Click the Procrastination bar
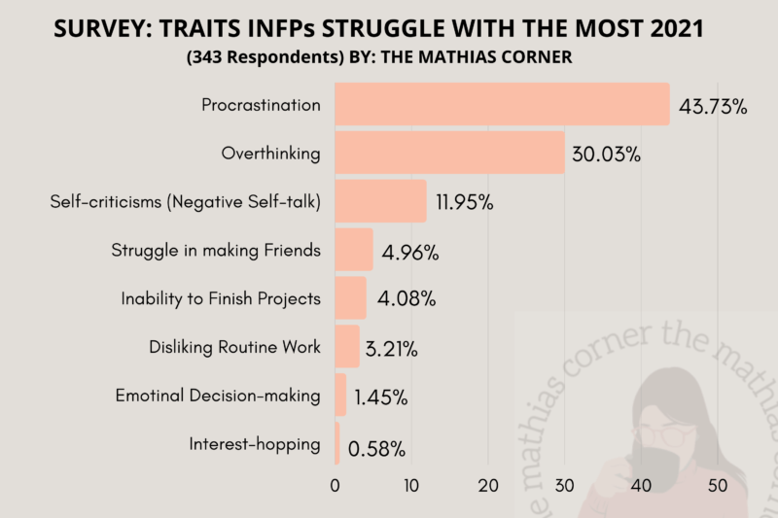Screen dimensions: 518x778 502,104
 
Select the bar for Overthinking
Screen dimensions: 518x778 449,153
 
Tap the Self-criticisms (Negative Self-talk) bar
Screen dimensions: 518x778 380,201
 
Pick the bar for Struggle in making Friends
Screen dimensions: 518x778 354,250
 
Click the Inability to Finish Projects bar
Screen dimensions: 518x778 350,298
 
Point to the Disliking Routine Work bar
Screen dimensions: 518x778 347,347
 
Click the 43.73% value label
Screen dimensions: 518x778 713,107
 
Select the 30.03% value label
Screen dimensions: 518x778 607,155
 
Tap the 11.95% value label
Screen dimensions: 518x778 465,204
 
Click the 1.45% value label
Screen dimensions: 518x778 380,398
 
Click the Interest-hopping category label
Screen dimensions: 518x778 255,445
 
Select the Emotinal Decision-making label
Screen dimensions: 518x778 218,397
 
